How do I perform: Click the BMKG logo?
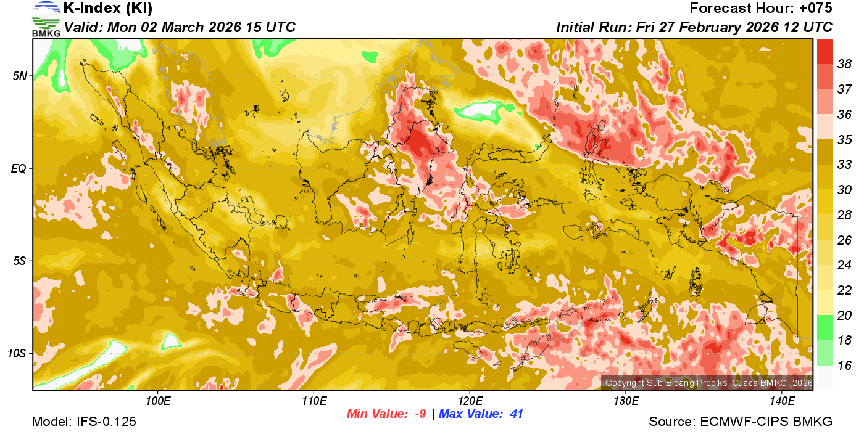pyautogui.click(x=46, y=18)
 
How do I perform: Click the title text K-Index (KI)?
pyautogui.click(x=108, y=9)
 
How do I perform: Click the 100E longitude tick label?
pyautogui.click(x=158, y=401)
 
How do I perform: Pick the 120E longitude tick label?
pyautogui.click(x=470, y=401)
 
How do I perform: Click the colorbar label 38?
pyautogui.click(x=844, y=63)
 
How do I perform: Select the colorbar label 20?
pyautogui.click(x=844, y=316)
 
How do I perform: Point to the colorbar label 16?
pyautogui.click(x=844, y=366)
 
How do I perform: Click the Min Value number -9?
pyautogui.click(x=420, y=414)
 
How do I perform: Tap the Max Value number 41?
pyautogui.click(x=516, y=414)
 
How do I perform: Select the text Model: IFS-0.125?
pyautogui.click(x=84, y=422)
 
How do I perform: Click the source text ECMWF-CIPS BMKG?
pyautogui.click(x=766, y=422)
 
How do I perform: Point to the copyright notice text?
pyautogui.click(x=708, y=383)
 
